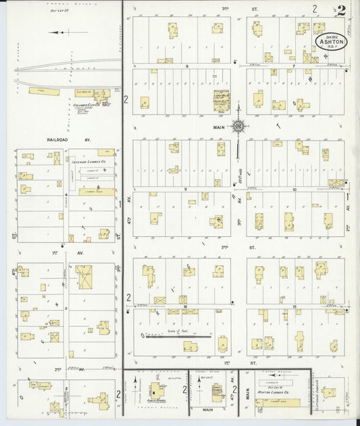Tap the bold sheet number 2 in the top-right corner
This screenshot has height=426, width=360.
[342, 10]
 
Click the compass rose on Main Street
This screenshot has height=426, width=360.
[238, 125]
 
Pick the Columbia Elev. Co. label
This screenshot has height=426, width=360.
[87, 105]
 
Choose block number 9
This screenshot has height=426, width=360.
[185, 190]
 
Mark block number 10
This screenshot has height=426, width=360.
[294, 190]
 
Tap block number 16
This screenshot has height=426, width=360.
[185, 306]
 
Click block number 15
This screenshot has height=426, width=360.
[294, 306]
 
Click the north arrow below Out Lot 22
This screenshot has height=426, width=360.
[58, 32]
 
